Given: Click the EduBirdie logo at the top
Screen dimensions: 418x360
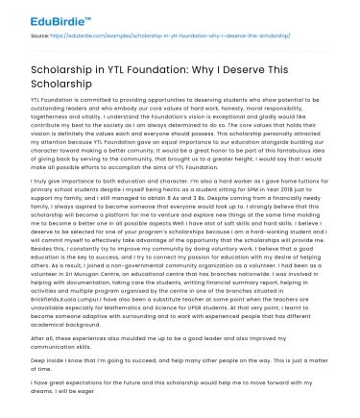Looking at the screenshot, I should tap(44, 15).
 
